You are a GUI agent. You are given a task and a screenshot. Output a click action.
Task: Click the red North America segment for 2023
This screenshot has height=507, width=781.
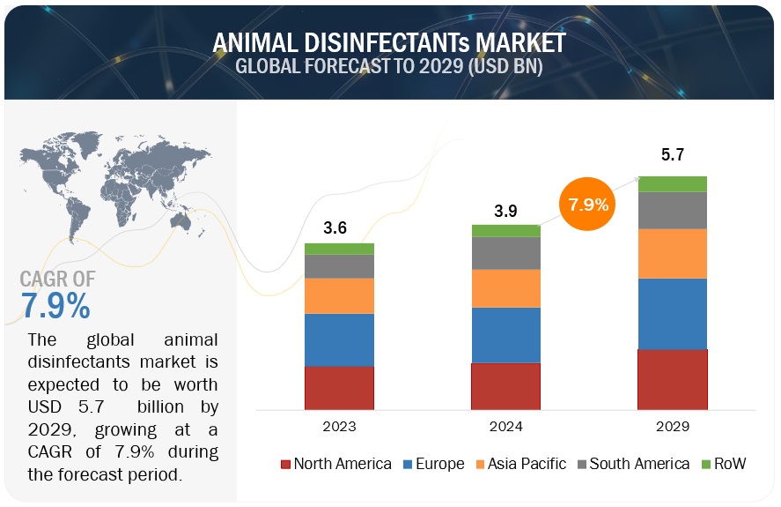pos(339,387)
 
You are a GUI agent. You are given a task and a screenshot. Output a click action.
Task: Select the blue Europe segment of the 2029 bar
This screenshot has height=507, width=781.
pos(672,313)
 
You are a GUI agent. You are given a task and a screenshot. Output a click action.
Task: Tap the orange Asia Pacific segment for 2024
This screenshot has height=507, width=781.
pos(505,288)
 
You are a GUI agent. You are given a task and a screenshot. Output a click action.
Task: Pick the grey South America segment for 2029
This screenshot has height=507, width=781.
pos(672,210)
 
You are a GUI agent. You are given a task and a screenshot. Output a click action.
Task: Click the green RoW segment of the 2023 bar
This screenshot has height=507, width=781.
pos(339,249)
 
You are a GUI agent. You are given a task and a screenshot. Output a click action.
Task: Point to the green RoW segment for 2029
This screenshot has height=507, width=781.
pos(672,183)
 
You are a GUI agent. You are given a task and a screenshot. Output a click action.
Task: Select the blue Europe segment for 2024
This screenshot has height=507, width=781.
pos(505,334)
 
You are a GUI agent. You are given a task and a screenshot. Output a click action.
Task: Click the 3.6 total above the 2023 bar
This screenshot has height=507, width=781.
pos(335,227)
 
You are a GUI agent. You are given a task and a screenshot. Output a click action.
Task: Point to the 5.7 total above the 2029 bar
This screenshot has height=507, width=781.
pos(672,155)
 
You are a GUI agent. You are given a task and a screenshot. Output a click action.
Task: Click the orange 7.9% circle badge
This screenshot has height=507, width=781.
pos(587,205)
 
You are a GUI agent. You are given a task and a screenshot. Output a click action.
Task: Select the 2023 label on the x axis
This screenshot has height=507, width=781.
pos(339,427)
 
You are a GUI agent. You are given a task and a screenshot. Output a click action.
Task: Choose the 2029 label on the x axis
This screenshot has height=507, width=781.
pos(672,427)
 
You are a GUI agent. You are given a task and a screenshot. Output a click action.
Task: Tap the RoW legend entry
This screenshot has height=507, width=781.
pos(724,464)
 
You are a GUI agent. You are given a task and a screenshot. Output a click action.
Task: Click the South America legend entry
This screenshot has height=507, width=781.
pos(631,464)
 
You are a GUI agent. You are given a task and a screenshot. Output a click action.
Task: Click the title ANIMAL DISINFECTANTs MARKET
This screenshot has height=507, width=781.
pos(389,41)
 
